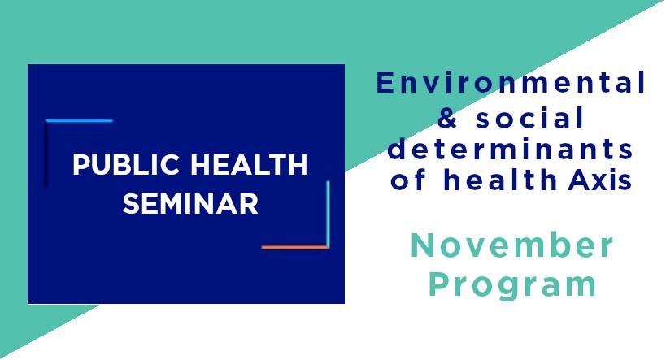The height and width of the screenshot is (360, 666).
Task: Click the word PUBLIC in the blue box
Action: click(126, 165)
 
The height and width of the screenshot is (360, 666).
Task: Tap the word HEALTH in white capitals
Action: click(249, 165)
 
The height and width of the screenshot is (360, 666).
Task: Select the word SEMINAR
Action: click(190, 204)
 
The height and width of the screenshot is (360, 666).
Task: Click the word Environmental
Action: click(511, 82)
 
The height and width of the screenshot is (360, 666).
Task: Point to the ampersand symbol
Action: click(449, 118)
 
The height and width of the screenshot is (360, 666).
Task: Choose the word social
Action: click(530, 117)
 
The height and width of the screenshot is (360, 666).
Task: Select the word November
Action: click(511, 245)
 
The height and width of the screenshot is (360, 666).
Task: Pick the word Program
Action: click(512, 285)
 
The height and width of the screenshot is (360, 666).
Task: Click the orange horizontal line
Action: click(295, 247)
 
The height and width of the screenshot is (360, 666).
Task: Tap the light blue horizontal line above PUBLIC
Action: click(79, 121)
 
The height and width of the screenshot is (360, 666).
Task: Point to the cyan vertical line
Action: click(328, 214)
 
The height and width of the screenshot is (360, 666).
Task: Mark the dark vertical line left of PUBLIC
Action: click(46, 154)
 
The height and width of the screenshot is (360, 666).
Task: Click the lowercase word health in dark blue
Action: click(500, 179)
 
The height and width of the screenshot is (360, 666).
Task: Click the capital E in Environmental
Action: click(385, 82)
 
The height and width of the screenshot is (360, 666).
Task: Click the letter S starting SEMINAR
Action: click(130, 204)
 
